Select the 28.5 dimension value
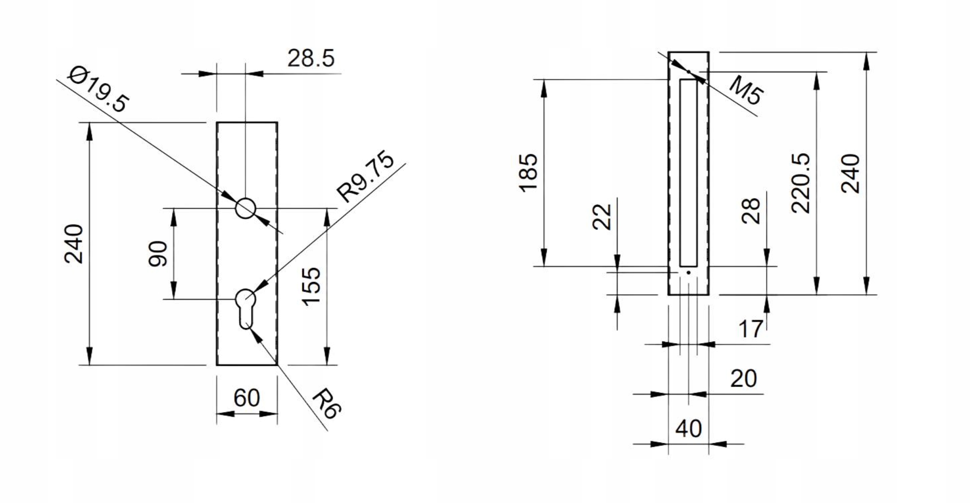tap(310, 59)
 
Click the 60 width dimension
tap(246, 398)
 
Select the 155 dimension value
tap(311, 286)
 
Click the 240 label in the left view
tap(74, 244)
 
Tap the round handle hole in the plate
tap(246, 208)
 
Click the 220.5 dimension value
tap(801, 183)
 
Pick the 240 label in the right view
tap(850, 173)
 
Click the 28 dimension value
tap(751, 211)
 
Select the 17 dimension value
tap(751, 329)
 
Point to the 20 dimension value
tap(743, 378)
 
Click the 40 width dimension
tap(689, 428)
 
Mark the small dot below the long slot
tap(689, 272)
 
